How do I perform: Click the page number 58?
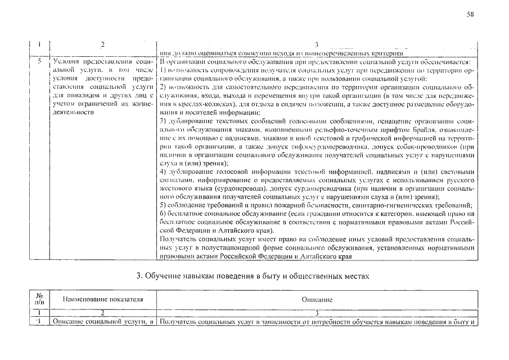coord(471,15)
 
